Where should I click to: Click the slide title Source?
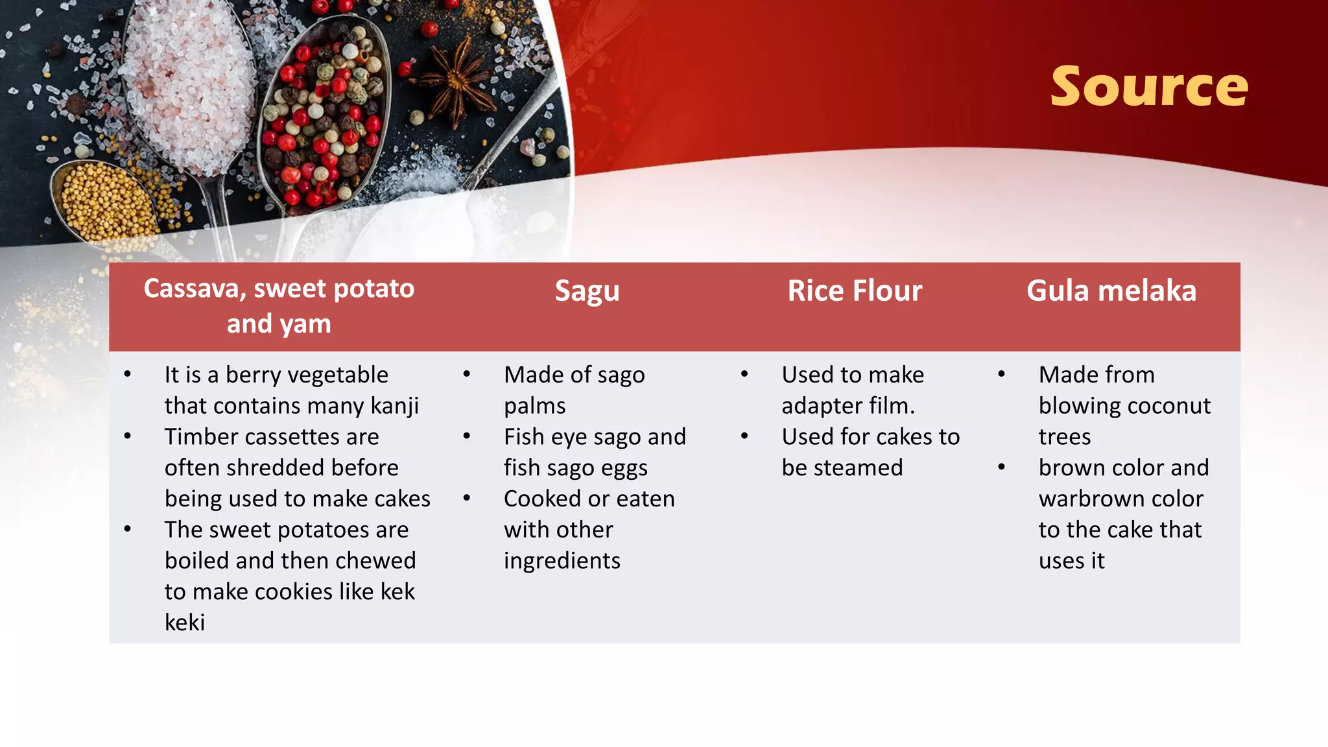pos(1148,87)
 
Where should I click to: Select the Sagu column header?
pos(587,291)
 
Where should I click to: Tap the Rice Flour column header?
pos(854,291)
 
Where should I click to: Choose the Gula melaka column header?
pos(1111,291)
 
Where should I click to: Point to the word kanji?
pos(394,407)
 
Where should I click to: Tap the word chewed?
pos(375,561)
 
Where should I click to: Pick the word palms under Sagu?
pos(534,407)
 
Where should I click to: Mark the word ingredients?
pos(562,561)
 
